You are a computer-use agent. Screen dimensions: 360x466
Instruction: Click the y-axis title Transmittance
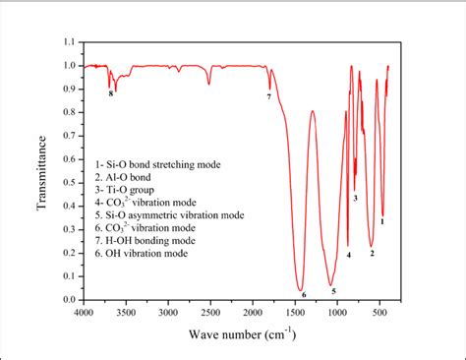(42, 171)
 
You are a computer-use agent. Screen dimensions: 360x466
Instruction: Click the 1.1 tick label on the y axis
(68, 42)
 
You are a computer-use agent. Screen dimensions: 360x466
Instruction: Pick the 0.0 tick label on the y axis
(68, 300)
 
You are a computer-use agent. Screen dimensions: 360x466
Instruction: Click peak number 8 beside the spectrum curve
(111, 95)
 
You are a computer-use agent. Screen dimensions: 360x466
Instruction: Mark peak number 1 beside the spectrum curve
(382, 222)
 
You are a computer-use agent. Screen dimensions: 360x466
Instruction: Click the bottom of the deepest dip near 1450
(301, 289)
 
